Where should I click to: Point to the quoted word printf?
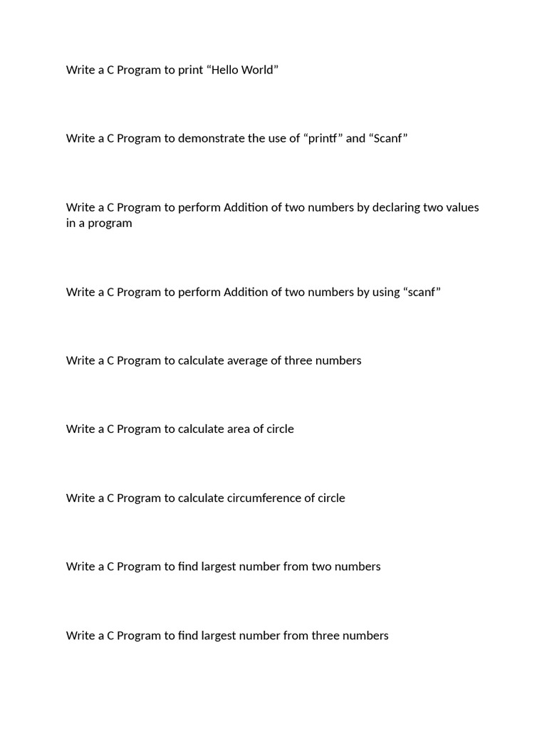click(x=324, y=138)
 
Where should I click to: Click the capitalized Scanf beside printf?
click(x=388, y=138)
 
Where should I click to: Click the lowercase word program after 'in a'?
click(x=109, y=223)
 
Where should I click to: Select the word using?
click(x=386, y=292)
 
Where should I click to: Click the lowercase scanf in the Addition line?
click(x=422, y=292)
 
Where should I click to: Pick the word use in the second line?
click(x=276, y=138)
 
